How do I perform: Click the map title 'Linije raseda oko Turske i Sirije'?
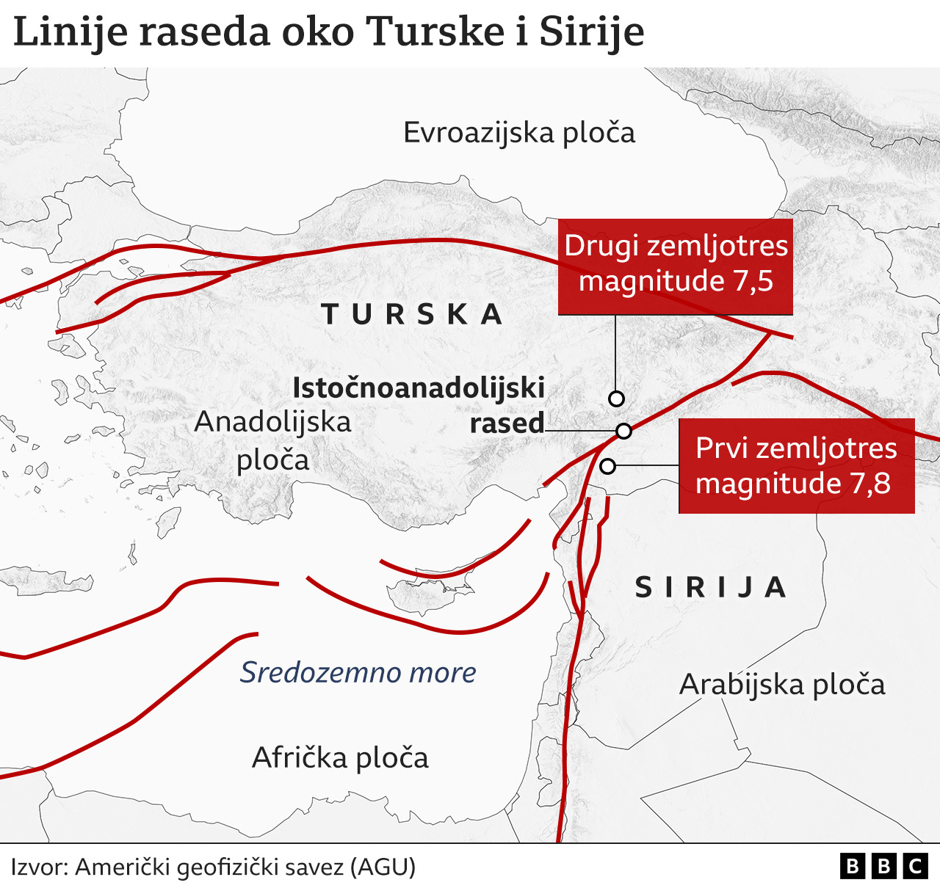tap(328, 32)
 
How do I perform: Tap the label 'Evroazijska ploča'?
tap(519, 133)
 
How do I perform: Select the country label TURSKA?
tap(413, 314)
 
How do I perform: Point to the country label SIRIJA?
tap(711, 587)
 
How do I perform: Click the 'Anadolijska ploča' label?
tap(273, 440)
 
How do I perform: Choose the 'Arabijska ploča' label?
tap(782, 685)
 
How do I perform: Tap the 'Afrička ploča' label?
tap(340, 757)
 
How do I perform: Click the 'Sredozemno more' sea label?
tap(358, 672)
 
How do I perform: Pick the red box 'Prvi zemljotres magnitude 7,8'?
tap(796, 466)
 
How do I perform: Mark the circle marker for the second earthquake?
tap(617, 398)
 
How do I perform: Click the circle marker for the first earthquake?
tap(607, 466)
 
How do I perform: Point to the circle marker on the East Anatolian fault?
tap(623, 431)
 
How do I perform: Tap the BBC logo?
tap(883, 867)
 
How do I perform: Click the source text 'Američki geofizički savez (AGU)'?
tap(245, 867)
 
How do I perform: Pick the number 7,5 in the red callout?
tap(753, 282)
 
